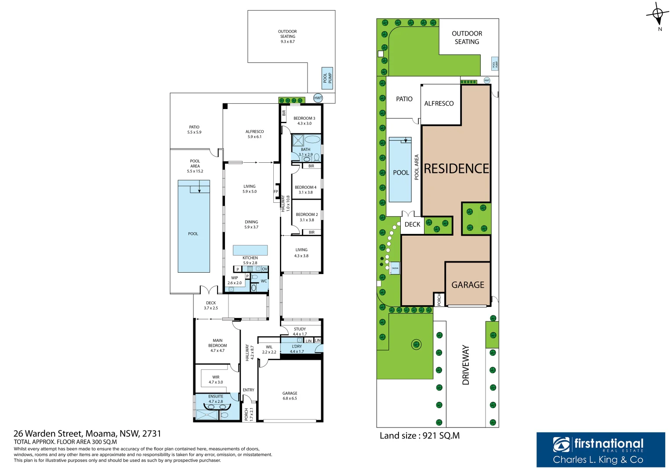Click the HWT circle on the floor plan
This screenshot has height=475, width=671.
click(318, 98)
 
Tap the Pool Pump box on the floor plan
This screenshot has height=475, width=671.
click(327, 78)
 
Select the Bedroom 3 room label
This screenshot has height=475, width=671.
click(304, 121)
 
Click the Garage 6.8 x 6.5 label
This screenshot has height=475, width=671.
click(290, 396)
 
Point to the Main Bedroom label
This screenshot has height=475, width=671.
click(218, 345)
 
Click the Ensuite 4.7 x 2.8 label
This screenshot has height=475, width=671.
click(216, 399)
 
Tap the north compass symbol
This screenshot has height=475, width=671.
click(658, 15)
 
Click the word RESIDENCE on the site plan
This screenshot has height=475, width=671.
click(456, 169)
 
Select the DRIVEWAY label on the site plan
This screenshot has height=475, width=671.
click(466, 365)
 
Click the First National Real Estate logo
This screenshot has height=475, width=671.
click(600, 449)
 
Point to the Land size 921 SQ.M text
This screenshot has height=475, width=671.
click(420, 436)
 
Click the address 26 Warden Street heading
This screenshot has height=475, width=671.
click(87, 434)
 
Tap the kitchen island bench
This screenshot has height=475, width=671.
click(250, 250)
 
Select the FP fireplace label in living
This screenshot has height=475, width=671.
click(276, 191)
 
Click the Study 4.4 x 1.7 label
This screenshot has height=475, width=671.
click(300, 332)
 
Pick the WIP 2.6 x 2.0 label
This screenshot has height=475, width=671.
click(235, 281)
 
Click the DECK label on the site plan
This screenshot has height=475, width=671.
click(412, 224)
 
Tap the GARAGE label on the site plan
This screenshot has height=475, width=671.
click(468, 285)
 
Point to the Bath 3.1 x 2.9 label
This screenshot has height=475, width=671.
click(305, 152)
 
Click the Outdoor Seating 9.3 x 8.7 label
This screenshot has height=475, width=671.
click(287, 37)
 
